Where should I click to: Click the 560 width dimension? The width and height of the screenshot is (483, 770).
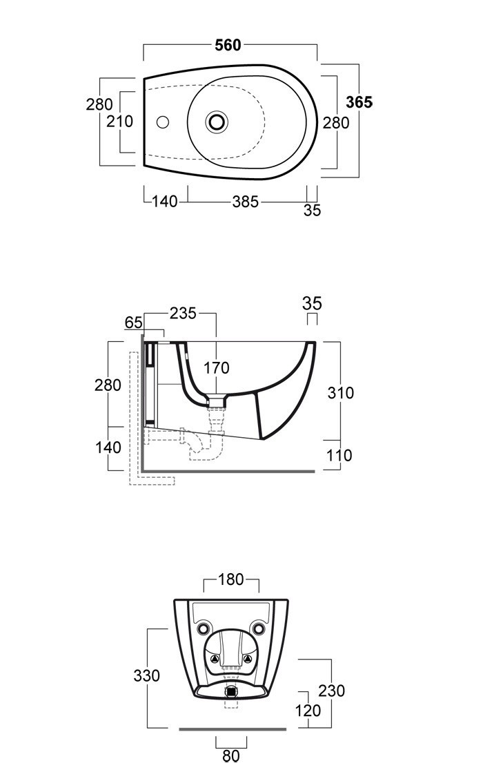point(228,45)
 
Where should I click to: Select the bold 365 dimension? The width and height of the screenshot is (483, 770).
point(359,102)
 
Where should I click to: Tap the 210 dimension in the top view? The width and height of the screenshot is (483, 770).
point(120,122)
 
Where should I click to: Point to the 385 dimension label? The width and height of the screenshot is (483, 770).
point(246,202)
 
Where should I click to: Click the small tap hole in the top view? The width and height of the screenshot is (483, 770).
point(162,122)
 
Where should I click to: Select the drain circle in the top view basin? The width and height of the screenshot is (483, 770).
point(217,121)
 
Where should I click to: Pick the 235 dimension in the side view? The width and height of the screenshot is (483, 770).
point(183,314)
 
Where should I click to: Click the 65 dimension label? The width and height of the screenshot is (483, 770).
point(133,323)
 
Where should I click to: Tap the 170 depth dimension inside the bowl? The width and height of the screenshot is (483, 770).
point(217,368)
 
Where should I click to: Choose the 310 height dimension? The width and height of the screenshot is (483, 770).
point(340,393)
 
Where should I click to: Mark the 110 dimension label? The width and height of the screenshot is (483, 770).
point(339,455)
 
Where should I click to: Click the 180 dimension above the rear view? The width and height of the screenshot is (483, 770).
point(230,579)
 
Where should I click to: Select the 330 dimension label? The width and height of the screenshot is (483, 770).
point(147,675)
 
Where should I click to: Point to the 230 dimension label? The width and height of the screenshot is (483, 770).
point(332,691)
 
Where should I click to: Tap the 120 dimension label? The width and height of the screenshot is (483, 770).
point(308,711)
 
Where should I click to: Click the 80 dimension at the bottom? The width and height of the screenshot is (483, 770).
point(230,755)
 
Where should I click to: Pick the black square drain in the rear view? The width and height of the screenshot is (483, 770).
point(231,691)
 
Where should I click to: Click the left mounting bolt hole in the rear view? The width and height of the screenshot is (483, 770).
point(204,629)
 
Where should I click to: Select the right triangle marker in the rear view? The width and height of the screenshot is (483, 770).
point(248,659)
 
